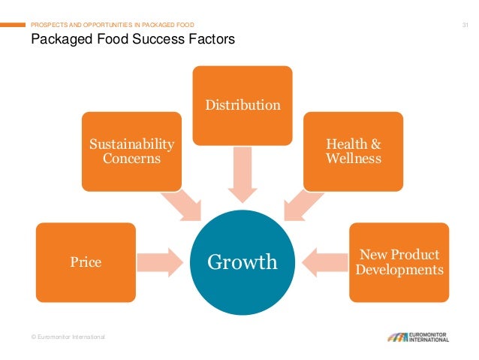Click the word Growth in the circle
click(x=242, y=262)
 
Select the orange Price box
click(x=86, y=262)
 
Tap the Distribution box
click(x=243, y=104)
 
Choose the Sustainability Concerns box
click(x=131, y=151)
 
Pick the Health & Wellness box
click(x=353, y=151)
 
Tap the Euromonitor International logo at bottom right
click(x=418, y=336)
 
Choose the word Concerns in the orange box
click(x=131, y=159)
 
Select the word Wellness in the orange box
click(x=354, y=159)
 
